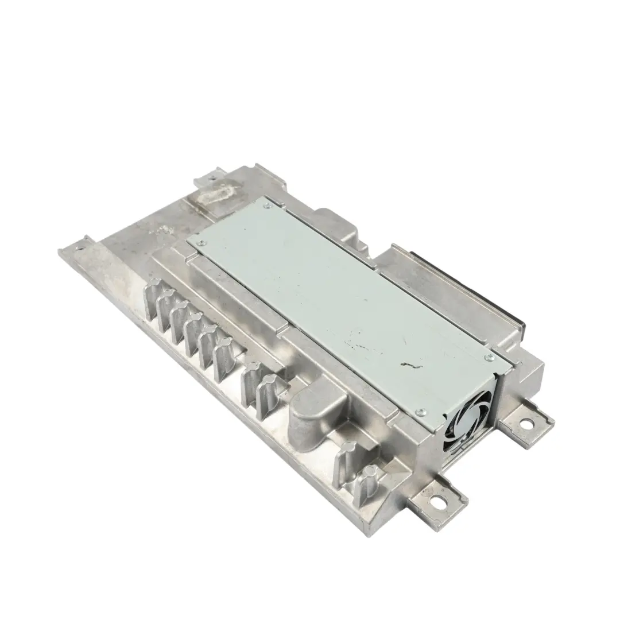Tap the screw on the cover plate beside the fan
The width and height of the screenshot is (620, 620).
421,412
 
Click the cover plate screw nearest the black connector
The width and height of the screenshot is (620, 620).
489,358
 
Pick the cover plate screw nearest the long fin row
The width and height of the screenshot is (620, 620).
199,243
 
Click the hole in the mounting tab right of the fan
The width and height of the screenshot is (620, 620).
524,425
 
